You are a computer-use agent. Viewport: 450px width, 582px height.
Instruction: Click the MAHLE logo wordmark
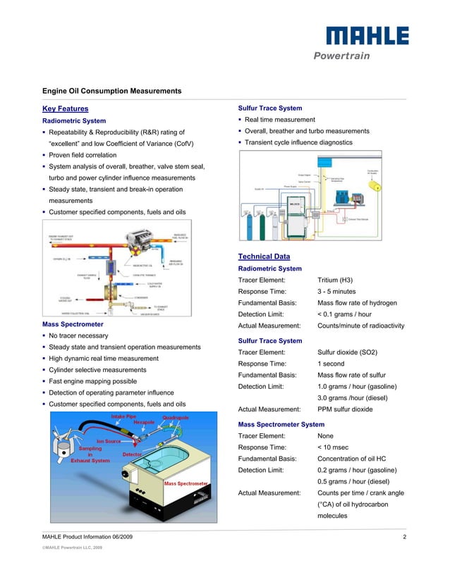click(x=366, y=37)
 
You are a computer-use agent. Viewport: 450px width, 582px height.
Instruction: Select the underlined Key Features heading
click(x=66, y=109)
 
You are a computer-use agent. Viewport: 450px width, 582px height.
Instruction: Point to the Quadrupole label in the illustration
click(x=176, y=418)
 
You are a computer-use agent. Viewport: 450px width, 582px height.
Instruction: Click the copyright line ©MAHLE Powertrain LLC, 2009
click(x=73, y=547)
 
